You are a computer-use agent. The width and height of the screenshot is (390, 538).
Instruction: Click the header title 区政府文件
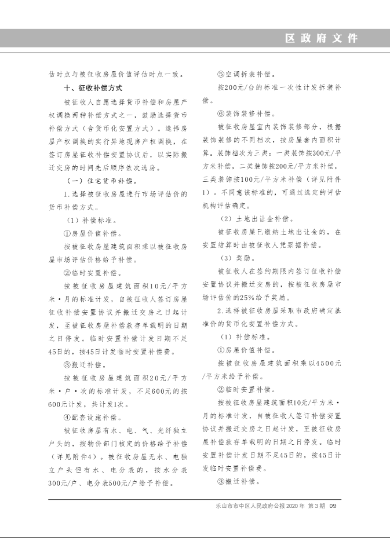point(322,39)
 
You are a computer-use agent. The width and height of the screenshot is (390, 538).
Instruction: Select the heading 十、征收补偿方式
point(93,88)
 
